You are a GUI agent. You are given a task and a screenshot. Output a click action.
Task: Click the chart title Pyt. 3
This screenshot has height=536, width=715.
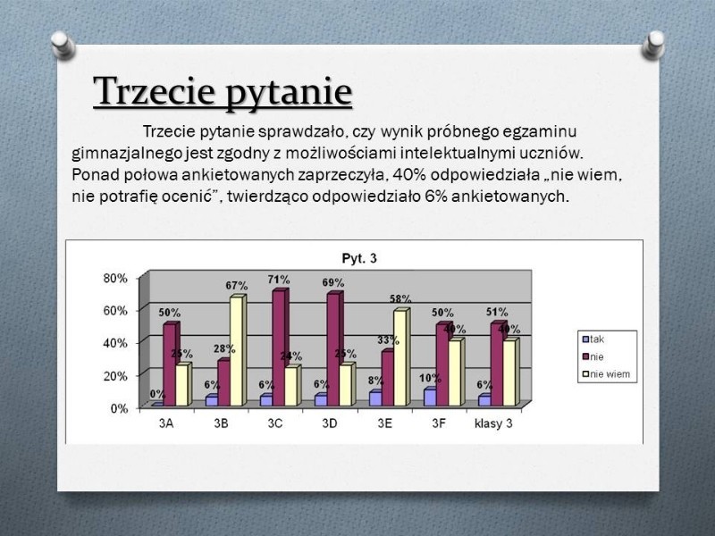click(359, 258)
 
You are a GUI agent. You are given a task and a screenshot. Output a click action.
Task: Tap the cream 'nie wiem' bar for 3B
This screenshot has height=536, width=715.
click(238, 350)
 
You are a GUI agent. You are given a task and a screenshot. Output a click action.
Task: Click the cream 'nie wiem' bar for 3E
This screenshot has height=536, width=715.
click(401, 356)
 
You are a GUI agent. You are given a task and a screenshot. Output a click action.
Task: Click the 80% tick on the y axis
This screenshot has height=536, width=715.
click(115, 278)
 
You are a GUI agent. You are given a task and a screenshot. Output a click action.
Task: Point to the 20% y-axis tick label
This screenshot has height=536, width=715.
click(115, 376)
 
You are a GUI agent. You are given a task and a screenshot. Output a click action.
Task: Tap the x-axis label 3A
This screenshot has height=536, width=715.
click(166, 423)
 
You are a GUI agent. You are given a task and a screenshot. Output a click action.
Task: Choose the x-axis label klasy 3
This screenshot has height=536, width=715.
click(493, 423)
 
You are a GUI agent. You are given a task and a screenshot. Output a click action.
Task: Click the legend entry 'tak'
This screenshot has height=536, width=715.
click(593, 339)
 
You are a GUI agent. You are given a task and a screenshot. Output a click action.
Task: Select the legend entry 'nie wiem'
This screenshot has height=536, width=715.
click(607, 374)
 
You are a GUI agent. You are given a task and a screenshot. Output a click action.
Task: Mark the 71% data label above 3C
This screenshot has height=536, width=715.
click(279, 279)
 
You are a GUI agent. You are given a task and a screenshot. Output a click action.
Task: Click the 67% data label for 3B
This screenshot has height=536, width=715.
click(237, 286)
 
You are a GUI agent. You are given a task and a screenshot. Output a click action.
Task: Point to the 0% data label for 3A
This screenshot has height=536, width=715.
click(157, 394)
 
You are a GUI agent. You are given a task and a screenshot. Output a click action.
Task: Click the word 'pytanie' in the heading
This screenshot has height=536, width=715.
click(289, 93)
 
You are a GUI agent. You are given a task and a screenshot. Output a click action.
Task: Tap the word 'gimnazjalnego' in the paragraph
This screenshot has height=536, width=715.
click(127, 154)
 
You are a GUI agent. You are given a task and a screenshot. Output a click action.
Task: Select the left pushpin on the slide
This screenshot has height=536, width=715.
click(63, 45)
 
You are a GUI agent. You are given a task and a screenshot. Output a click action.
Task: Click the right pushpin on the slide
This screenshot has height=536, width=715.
click(653, 45)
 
